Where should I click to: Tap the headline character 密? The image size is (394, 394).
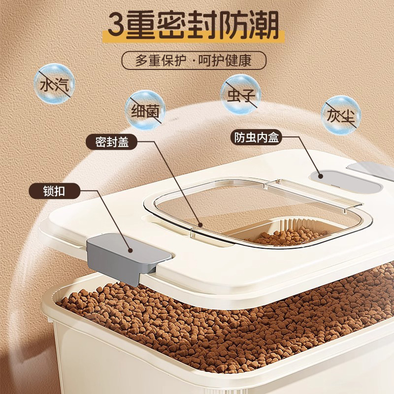coord(173,26)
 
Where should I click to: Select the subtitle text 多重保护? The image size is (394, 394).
coord(161,60)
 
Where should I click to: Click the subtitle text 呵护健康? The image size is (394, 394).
coord(225,60)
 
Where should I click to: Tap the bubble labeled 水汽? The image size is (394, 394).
coord(54,84)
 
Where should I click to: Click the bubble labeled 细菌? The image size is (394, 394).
coord(145,110)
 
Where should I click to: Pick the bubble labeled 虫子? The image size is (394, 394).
coord(241,94)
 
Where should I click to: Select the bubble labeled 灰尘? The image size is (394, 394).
coord(341,115)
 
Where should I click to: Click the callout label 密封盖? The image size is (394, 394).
coord(112,142)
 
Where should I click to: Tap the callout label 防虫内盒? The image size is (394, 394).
coord(256,137)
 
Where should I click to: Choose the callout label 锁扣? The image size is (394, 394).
coord(54,191)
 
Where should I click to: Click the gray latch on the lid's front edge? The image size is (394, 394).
coord(128,257)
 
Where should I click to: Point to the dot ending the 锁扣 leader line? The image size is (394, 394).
coord(130,250)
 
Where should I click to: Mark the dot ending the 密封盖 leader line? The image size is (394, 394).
coord(200,225)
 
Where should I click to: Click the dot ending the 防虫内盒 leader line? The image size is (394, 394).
coord(320,176)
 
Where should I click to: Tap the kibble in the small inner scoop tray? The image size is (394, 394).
coord(289,236)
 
